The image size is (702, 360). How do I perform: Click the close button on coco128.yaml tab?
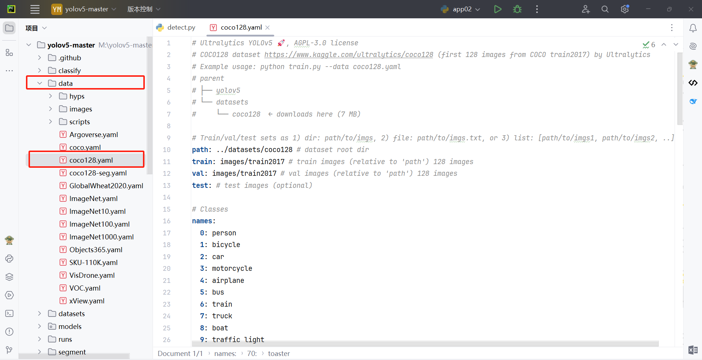tap(268, 27)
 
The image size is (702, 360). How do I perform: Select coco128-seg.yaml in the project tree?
tap(98, 173)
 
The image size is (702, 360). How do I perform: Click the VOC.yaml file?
tap(84, 288)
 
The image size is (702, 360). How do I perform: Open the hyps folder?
tap(77, 96)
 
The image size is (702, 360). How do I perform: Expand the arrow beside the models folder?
tap(39, 326)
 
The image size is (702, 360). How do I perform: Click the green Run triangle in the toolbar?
tap(498, 9)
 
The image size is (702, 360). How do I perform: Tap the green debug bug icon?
tap(517, 9)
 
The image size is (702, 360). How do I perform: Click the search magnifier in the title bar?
tap(605, 9)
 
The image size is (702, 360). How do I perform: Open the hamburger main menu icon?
tap(35, 9)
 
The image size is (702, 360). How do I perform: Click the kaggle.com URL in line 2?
tap(348, 55)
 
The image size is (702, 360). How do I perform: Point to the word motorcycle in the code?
tap(232, 269)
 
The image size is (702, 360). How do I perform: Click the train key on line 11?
tap(202, 162)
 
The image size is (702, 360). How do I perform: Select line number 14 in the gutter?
tap(167, 197)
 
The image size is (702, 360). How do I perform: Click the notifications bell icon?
tap(693, 28)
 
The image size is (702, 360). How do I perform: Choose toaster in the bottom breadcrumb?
tap(279, 353)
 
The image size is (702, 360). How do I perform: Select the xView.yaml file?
tap(87, 301)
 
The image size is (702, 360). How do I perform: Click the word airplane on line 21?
tap(228, 280)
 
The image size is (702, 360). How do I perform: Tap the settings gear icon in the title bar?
tap(624, 9)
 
